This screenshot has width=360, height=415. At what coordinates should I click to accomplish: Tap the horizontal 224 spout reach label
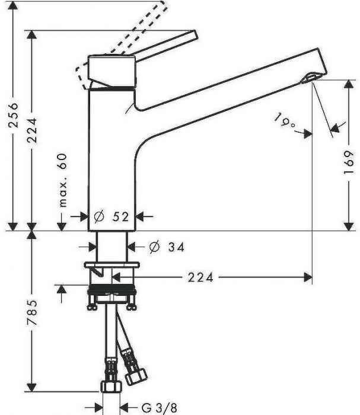tap(202, 276)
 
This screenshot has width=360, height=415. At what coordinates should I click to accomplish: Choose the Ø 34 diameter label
tap(167, 247)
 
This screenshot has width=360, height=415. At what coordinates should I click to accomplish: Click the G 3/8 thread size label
tap(158, 407)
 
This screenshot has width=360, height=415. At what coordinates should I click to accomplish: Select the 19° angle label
tap(285, 122)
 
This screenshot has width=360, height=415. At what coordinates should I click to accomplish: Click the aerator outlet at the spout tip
tap(310, 78)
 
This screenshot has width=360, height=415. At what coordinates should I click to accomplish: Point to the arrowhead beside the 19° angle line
tap(336, 127)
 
